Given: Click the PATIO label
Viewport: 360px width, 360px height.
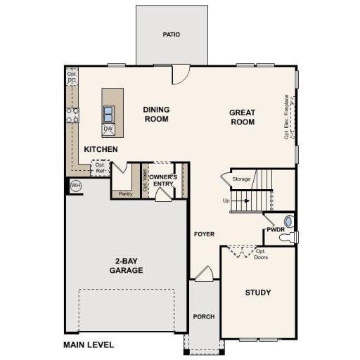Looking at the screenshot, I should (172, 34).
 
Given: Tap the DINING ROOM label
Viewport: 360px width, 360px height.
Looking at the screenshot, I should (157, 115).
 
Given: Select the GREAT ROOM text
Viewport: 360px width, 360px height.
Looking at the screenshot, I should (241, 117).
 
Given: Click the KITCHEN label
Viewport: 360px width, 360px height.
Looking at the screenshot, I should (101, 150).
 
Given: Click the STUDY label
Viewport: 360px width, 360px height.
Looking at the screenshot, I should (258, 292).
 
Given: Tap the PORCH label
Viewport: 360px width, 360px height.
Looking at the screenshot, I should (204, 316).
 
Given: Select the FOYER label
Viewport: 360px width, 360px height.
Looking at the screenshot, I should (204, 234).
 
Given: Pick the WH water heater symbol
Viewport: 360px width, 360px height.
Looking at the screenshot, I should (76, 186).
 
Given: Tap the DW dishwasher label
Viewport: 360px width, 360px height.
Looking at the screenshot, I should (109, 129).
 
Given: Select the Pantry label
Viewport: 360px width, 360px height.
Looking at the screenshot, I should (126, 193).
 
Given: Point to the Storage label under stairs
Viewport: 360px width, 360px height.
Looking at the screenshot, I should (241, 180).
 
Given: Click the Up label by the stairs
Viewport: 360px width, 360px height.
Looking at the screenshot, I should (226, 200).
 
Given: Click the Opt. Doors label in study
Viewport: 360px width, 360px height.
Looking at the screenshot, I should (261, 254).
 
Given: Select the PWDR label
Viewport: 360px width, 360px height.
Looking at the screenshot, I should (274, 230).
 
